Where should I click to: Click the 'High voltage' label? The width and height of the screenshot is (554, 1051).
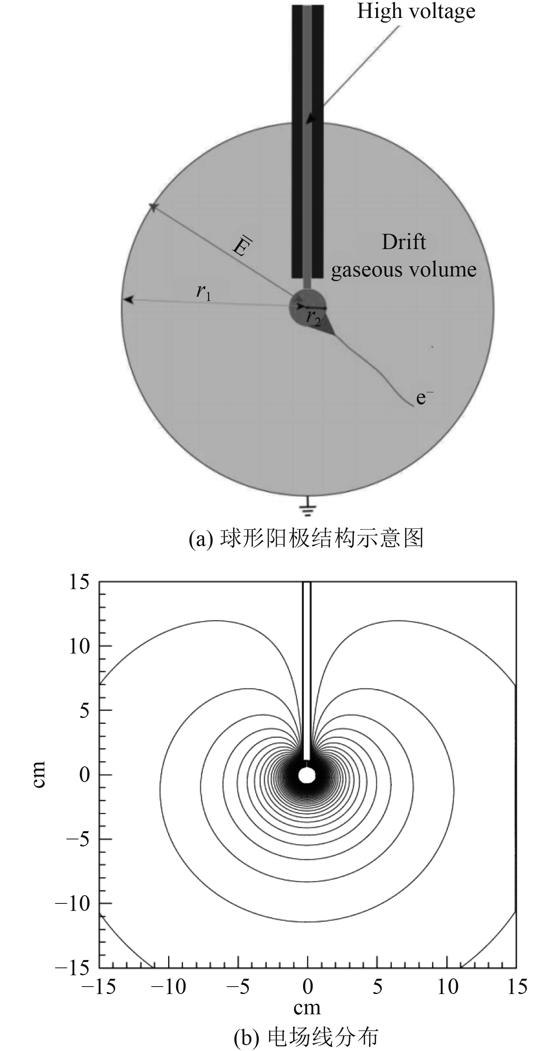click(x=416, y=11)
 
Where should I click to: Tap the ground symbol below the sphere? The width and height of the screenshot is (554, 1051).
click(x=307, y=508)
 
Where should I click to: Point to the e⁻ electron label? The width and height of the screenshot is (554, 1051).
click(x=424, y=397)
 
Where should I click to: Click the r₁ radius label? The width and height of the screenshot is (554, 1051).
click(x=203, y=292)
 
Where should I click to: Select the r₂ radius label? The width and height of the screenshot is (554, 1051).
click(x=314, y=318)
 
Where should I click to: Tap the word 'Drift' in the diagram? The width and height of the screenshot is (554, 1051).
click(x=403, y=242)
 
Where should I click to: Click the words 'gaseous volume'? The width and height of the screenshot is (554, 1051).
click(x=403, y=270)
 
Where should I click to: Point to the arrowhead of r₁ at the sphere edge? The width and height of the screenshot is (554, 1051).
click(x=128, y=300)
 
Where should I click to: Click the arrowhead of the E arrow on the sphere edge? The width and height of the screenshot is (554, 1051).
click(x=153, y=207)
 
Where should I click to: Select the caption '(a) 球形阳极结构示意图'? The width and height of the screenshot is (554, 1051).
click(x=306, y=538)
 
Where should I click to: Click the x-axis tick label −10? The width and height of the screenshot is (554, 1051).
click(x=169, y=987)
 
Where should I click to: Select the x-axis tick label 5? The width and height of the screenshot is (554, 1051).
click(x=377, y=987)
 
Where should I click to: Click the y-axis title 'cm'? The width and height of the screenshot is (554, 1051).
click(x=39, y=774)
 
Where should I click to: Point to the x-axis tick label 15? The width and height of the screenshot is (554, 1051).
click(x=517, y=987)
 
